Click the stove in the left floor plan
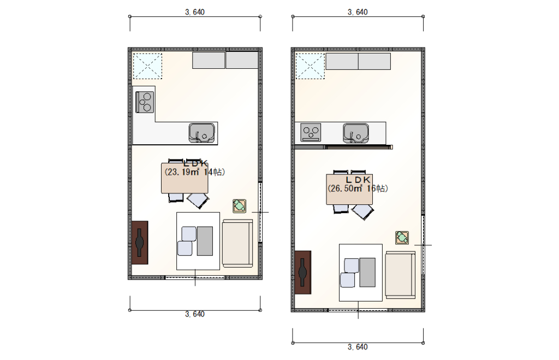(145, 102)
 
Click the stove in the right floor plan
(311, 132)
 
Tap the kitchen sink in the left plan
(202, 133)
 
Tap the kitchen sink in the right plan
(356, 133)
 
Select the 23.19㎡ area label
(182, 172)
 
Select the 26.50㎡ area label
(345, 188)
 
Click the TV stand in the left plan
(140, 243)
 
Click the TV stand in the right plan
(302, 272)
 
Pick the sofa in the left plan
(237, 243)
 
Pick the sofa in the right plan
(400, 274)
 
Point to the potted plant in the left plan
(239, 206)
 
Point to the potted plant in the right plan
(402, 237)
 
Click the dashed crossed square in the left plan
(147, 66)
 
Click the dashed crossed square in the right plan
(310, 66)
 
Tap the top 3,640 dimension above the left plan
(195, 12)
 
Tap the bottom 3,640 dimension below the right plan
(358, 347)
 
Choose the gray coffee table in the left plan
(205, 241)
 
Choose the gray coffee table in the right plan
(367, 273)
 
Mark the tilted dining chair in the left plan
(198, 200)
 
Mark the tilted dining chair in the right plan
(362, 211)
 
